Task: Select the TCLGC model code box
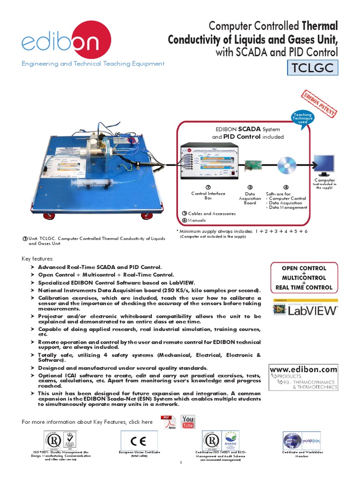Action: (x=312, y=68)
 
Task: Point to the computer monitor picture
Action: (x=324, y=165)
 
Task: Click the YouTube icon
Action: (x=188, y=422)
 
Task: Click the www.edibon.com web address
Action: (x=303, y=369)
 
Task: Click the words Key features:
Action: (x=38, y=259)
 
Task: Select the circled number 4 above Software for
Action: (x=286, y=187)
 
